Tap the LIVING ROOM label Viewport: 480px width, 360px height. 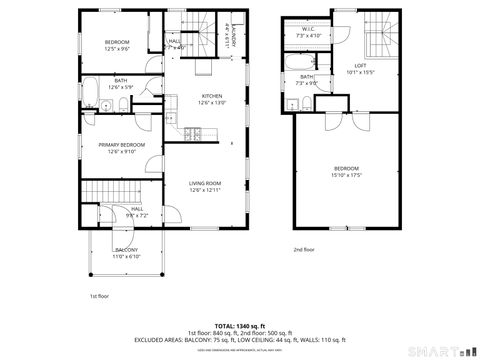tap(205, 183)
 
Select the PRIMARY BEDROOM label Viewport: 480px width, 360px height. tap(121, 145)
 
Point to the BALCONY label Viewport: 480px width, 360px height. tap(126, 249)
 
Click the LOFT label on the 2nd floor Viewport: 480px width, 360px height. tap(358, 65)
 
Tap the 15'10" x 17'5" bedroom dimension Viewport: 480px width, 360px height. tap(347, 174)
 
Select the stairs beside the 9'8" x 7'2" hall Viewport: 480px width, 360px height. tap(102, 192)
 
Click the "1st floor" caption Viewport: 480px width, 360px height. tap(99, 296)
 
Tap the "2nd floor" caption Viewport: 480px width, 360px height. tap(303, 249)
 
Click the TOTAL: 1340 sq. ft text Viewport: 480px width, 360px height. tap(240, 326)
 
